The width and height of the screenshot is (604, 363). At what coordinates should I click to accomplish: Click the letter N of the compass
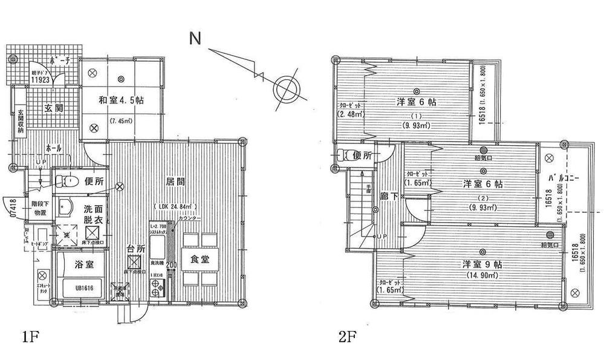(x=195, y=38)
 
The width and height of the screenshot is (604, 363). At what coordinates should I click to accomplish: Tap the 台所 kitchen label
(x=136, y=248)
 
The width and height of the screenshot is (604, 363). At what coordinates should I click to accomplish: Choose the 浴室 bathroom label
(x=83, y=264)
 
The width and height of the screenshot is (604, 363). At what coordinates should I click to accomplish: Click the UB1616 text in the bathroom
(x=82, y=289)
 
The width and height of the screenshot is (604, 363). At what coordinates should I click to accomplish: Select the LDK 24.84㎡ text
(x=177, y=208)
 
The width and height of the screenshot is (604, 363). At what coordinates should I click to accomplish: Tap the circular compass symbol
(x=285, y=87)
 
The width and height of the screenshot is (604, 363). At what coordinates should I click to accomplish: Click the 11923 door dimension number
(x=41, y=79)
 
